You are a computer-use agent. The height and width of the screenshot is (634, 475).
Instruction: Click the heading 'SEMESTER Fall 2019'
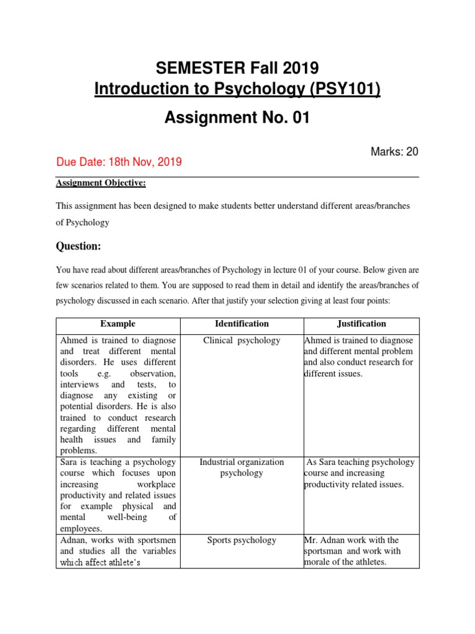[237, 67]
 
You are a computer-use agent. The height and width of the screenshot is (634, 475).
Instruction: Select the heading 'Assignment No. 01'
[237, 118]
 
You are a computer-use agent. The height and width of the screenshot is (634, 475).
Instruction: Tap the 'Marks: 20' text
[395, 152]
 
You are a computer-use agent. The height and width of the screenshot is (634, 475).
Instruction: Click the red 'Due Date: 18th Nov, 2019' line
[119, 162]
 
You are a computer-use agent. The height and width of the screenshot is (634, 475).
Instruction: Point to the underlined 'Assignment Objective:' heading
[101, 183]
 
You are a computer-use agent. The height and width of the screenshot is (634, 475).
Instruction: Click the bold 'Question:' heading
[79, 246]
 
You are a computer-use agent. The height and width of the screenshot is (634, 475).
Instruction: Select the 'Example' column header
[118, 324]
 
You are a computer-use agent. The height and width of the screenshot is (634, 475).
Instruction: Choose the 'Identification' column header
[242, 324]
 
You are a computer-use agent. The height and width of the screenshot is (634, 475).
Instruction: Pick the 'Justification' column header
[361, 324]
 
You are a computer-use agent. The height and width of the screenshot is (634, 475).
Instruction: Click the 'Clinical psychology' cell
[242, 341]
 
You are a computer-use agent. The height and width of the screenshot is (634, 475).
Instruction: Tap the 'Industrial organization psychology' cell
[242, 467]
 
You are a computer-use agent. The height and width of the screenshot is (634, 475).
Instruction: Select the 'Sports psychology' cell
[242, 541]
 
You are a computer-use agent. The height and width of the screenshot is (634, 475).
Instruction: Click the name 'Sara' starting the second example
[70, 462]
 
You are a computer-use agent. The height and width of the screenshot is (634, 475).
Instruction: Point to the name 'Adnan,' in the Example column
[75, 541]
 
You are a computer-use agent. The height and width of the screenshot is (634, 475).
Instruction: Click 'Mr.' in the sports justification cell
[311, 541]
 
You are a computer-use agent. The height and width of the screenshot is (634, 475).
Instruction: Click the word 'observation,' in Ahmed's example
[153, 373]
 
